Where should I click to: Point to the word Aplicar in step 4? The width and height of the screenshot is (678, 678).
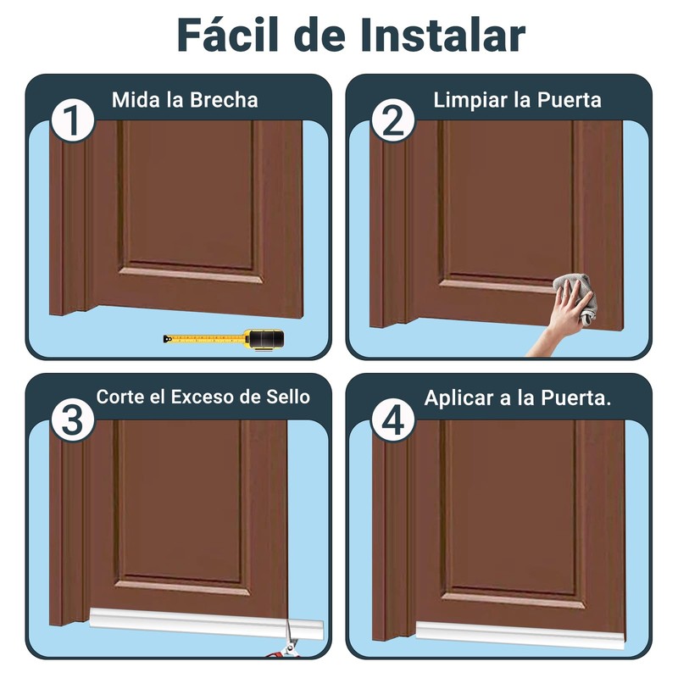click(x=459, y=397)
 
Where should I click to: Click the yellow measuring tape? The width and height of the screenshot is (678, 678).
click(x=203, y=340)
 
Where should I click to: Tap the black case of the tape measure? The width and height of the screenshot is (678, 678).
click(x=264, y=340)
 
